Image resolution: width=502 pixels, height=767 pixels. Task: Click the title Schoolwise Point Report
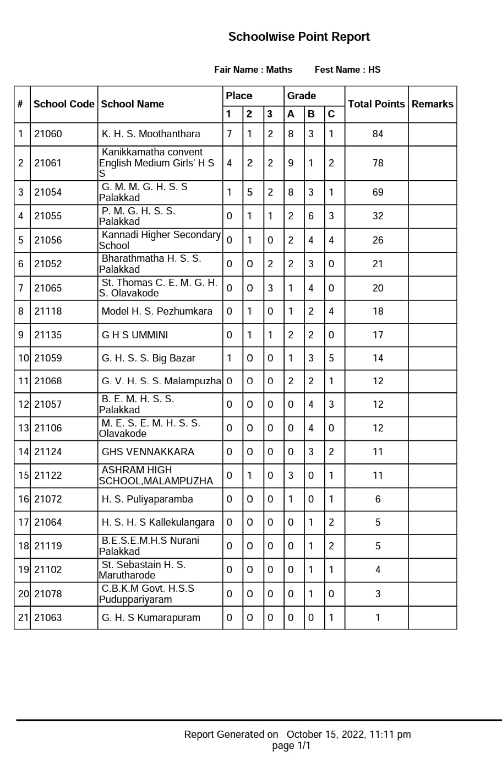[299, 37]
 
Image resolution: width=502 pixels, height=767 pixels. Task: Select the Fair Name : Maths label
[253, 69]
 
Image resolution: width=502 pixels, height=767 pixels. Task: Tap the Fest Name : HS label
[347, 69]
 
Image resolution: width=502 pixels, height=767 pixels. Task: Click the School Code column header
[64, 104]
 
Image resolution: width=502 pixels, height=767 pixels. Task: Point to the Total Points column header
[376, 104]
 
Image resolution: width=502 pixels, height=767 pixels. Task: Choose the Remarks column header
[433, 104]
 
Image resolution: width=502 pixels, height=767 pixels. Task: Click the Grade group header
[302, 95]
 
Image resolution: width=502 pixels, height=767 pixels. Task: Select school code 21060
[48, 134]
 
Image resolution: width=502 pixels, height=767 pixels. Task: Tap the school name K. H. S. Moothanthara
[151, 134]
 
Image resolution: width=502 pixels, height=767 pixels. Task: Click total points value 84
[378, 134]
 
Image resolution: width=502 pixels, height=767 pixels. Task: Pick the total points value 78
[378, 163]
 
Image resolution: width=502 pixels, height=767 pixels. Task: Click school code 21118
[48, 311]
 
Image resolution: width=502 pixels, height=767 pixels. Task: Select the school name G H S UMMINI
[135, 335]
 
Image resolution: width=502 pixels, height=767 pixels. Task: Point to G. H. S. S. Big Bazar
[149, 358]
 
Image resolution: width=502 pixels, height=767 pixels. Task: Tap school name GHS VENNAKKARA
[148, 452]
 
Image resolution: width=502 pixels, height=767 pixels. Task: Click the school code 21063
[48, 618]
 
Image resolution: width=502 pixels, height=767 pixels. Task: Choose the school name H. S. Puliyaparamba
[148, 499]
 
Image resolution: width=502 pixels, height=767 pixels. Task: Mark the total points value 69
[378, 192]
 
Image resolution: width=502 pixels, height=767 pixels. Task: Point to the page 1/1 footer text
[291, 746]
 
